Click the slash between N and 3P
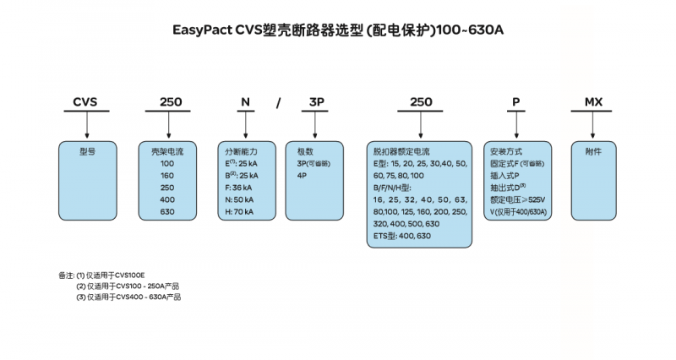coord(278,102)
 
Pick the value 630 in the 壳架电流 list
coord(166,211)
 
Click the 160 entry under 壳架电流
coord(166,175)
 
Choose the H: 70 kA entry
coord(241,211)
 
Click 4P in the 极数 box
coord(302,175)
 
